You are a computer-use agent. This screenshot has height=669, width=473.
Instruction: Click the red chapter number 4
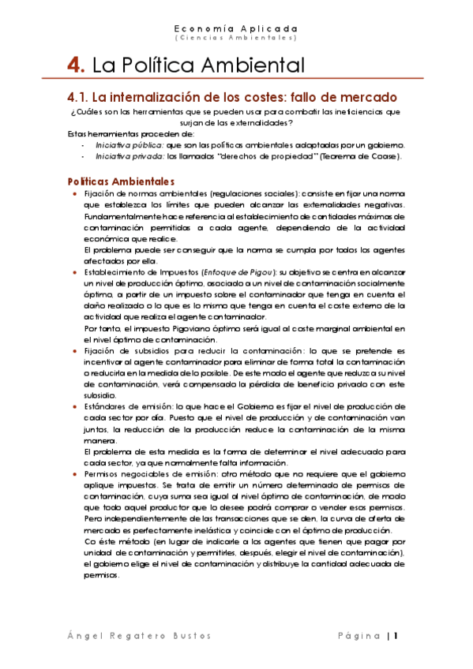point(76,65)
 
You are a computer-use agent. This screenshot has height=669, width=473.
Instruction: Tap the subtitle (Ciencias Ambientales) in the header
point(236,37)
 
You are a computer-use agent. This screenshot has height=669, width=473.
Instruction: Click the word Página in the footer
point(359,635)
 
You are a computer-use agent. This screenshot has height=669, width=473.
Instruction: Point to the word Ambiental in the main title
point(255,65)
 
